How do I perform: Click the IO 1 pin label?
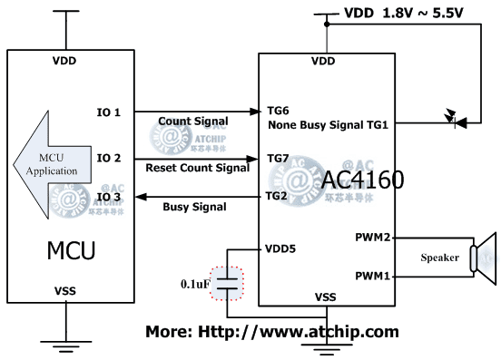click(109, 112)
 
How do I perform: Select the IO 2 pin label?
click(109, 158)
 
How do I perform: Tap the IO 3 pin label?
click(109, 196)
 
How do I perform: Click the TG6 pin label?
click(277, 107)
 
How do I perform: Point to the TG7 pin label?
click(277, 158)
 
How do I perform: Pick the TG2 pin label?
click(277, 195)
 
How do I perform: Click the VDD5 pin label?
click(281, 248)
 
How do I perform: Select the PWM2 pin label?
click(375, 238)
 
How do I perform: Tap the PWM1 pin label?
click(375, 274)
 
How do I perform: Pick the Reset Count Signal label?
click(197, 168)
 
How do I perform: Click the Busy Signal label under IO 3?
click(194, 208)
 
